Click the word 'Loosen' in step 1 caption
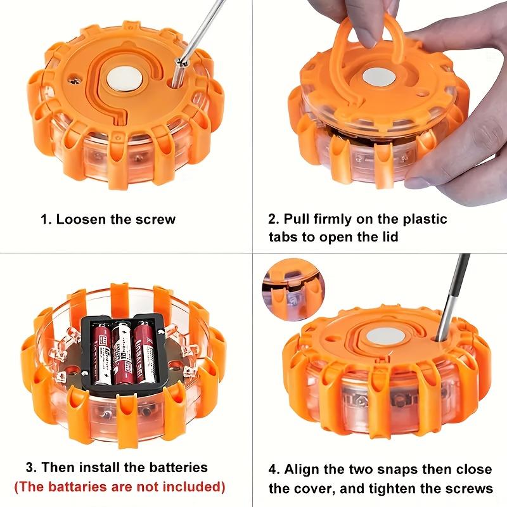click(80, 220)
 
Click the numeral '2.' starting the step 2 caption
click(273, 219)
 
